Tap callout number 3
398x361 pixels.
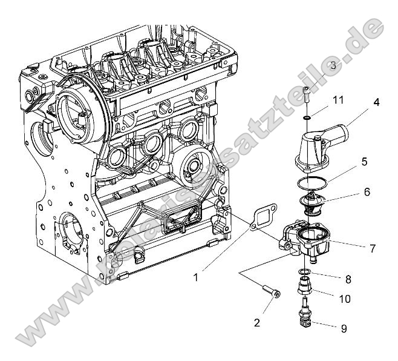pyautogui.click(x=333, y=65)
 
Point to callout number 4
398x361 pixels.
pyautogui.click(x=376, y=102)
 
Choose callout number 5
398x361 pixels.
pyautogui.click(x=364, y=162)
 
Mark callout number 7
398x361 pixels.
pyautogui.click(x=373, y=248)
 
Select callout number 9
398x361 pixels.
pyautogui.click(x=344, y=329)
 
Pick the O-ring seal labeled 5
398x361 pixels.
pyautogui.click(x=313, y=182)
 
